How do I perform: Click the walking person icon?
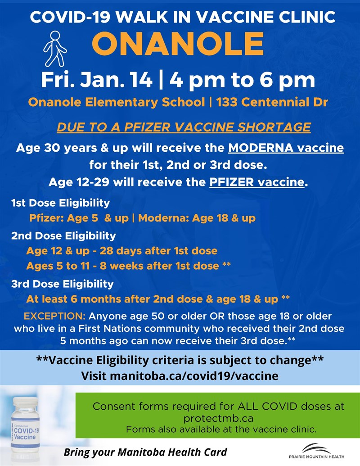(x=55, y=49)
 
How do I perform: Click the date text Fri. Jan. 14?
(x=97, y=80)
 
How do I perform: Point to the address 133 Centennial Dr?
(x=272, y=102)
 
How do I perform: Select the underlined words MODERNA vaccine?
(x=286, y=148)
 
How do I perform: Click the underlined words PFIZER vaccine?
(x=257, y=182)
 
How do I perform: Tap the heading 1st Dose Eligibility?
(x=61, y=203)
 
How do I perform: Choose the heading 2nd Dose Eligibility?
(x=63, y=236)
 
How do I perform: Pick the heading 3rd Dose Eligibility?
(x=63, y=284)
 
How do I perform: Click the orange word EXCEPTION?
(x=54, y=316)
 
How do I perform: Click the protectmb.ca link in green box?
(x=218, y=418)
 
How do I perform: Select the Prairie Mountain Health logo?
(x=316, y=451)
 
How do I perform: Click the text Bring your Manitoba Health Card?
(x=145, y=452)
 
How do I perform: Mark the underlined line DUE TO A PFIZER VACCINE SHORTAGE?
(x=184, y=127)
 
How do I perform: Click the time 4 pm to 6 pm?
(x=243, y=80)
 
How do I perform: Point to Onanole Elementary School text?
(x=117, y=102)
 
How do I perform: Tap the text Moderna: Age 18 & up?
(x=197, y=218)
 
